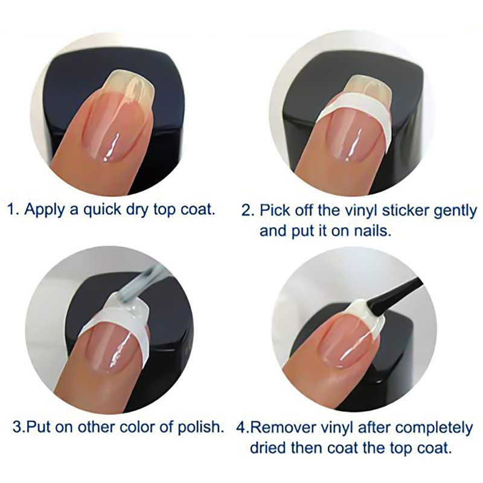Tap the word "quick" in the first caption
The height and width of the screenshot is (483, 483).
tap(103, 210)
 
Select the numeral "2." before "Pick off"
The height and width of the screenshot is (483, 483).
tap(248, 211)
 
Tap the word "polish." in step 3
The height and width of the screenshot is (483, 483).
tap(201, 427)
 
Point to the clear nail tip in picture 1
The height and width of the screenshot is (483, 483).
tap(129, 83)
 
